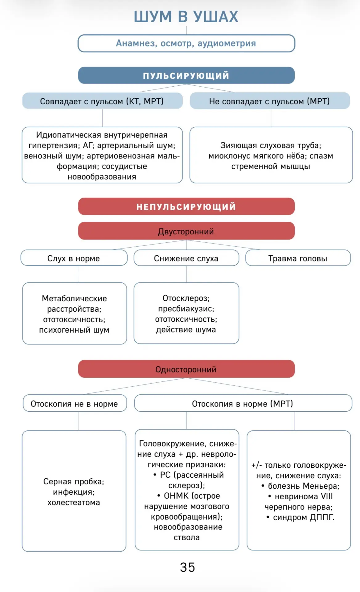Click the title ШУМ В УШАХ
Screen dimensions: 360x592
click(186, 17)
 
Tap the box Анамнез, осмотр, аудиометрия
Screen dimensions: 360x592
click(186, 43)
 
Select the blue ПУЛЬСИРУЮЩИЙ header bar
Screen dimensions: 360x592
click(186, 75)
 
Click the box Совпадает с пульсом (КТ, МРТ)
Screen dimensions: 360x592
click(102, 101)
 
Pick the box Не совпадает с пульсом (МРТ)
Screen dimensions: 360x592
click(270, 101)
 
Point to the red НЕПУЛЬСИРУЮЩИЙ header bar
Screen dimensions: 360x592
click(186, 206)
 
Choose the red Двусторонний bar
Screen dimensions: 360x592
click(186, 231)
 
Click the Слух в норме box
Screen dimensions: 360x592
click(74, 258)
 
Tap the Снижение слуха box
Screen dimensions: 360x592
click(186, 258)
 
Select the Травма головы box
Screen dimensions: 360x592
click(298, 258)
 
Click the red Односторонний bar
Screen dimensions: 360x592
click(186, 369)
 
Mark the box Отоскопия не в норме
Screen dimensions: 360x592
click(75, 403)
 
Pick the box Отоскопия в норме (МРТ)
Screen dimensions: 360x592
click(243, 403)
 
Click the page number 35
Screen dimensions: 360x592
click(187, 567)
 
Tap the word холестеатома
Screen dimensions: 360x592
click(74, 503)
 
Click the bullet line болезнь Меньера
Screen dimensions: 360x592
click(301, 486)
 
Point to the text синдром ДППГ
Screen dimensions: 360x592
click(301, 517)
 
